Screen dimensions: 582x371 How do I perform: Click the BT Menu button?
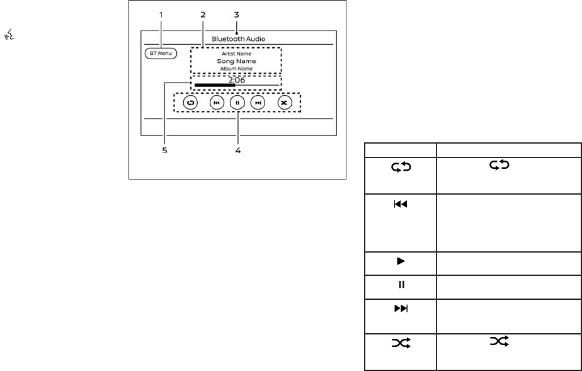(161, 54)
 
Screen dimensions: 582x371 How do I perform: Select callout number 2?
(202, 14)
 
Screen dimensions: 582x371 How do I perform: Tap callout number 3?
(236, 14)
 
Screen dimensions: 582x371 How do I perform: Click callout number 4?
(237, 151)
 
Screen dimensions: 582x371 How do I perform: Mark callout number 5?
(164, 151)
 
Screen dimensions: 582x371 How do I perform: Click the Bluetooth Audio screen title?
(238, 38)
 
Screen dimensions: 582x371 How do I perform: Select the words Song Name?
(237, 62)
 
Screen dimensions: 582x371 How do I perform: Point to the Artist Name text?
(237, 54)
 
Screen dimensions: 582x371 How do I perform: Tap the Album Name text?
(237, 69)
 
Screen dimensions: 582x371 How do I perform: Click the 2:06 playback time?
(237, 80)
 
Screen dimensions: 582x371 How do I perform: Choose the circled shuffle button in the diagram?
(285, 102)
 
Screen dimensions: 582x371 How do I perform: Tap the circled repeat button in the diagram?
(190, 102)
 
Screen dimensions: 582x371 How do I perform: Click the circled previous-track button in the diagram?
(216, 102)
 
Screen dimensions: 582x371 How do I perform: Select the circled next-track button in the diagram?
(258, 102)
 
